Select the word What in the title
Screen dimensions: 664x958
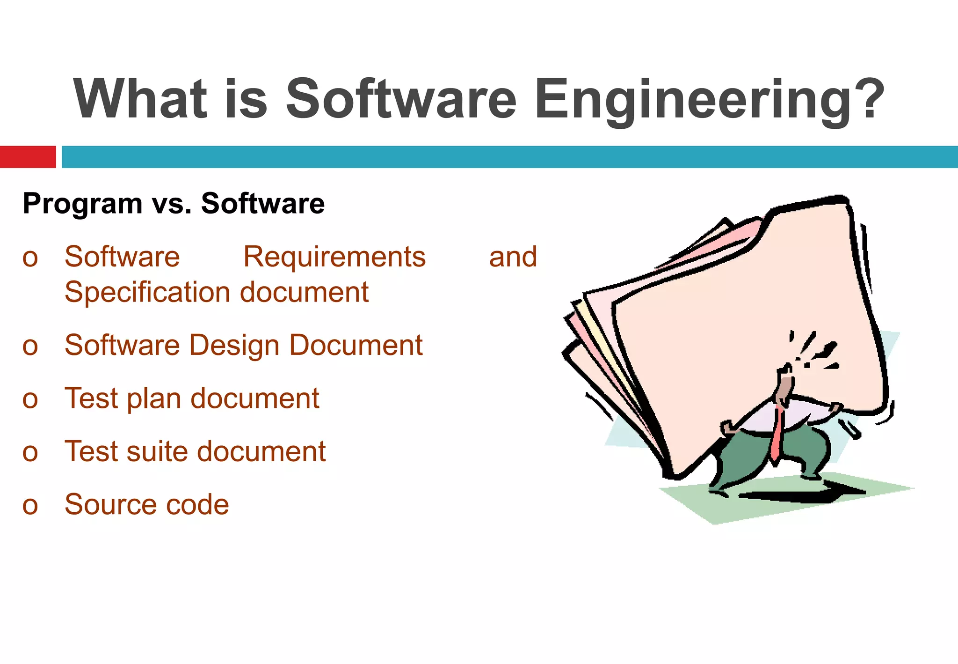coord(140,99)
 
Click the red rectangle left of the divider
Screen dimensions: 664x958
coord(28,157)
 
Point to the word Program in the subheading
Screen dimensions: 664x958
coord(83,205)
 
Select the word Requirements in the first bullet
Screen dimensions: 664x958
coord(334,257)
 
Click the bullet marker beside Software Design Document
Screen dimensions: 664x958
coord(30,347)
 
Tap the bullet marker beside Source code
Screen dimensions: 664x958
coord(30,506)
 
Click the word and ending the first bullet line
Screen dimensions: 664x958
coord(513,257)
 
